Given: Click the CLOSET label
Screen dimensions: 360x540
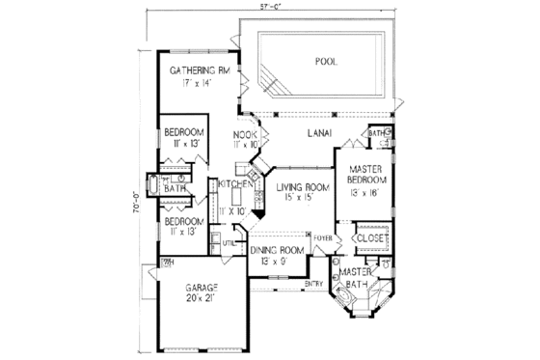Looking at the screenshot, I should coord(371,236).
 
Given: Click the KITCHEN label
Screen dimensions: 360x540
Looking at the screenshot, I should coord(235,183).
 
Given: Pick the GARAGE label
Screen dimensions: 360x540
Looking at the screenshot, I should coord(202,288).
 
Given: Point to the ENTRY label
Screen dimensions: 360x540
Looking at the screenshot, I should coord(314,283).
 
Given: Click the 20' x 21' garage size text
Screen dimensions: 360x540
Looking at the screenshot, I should coord(202,300).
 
